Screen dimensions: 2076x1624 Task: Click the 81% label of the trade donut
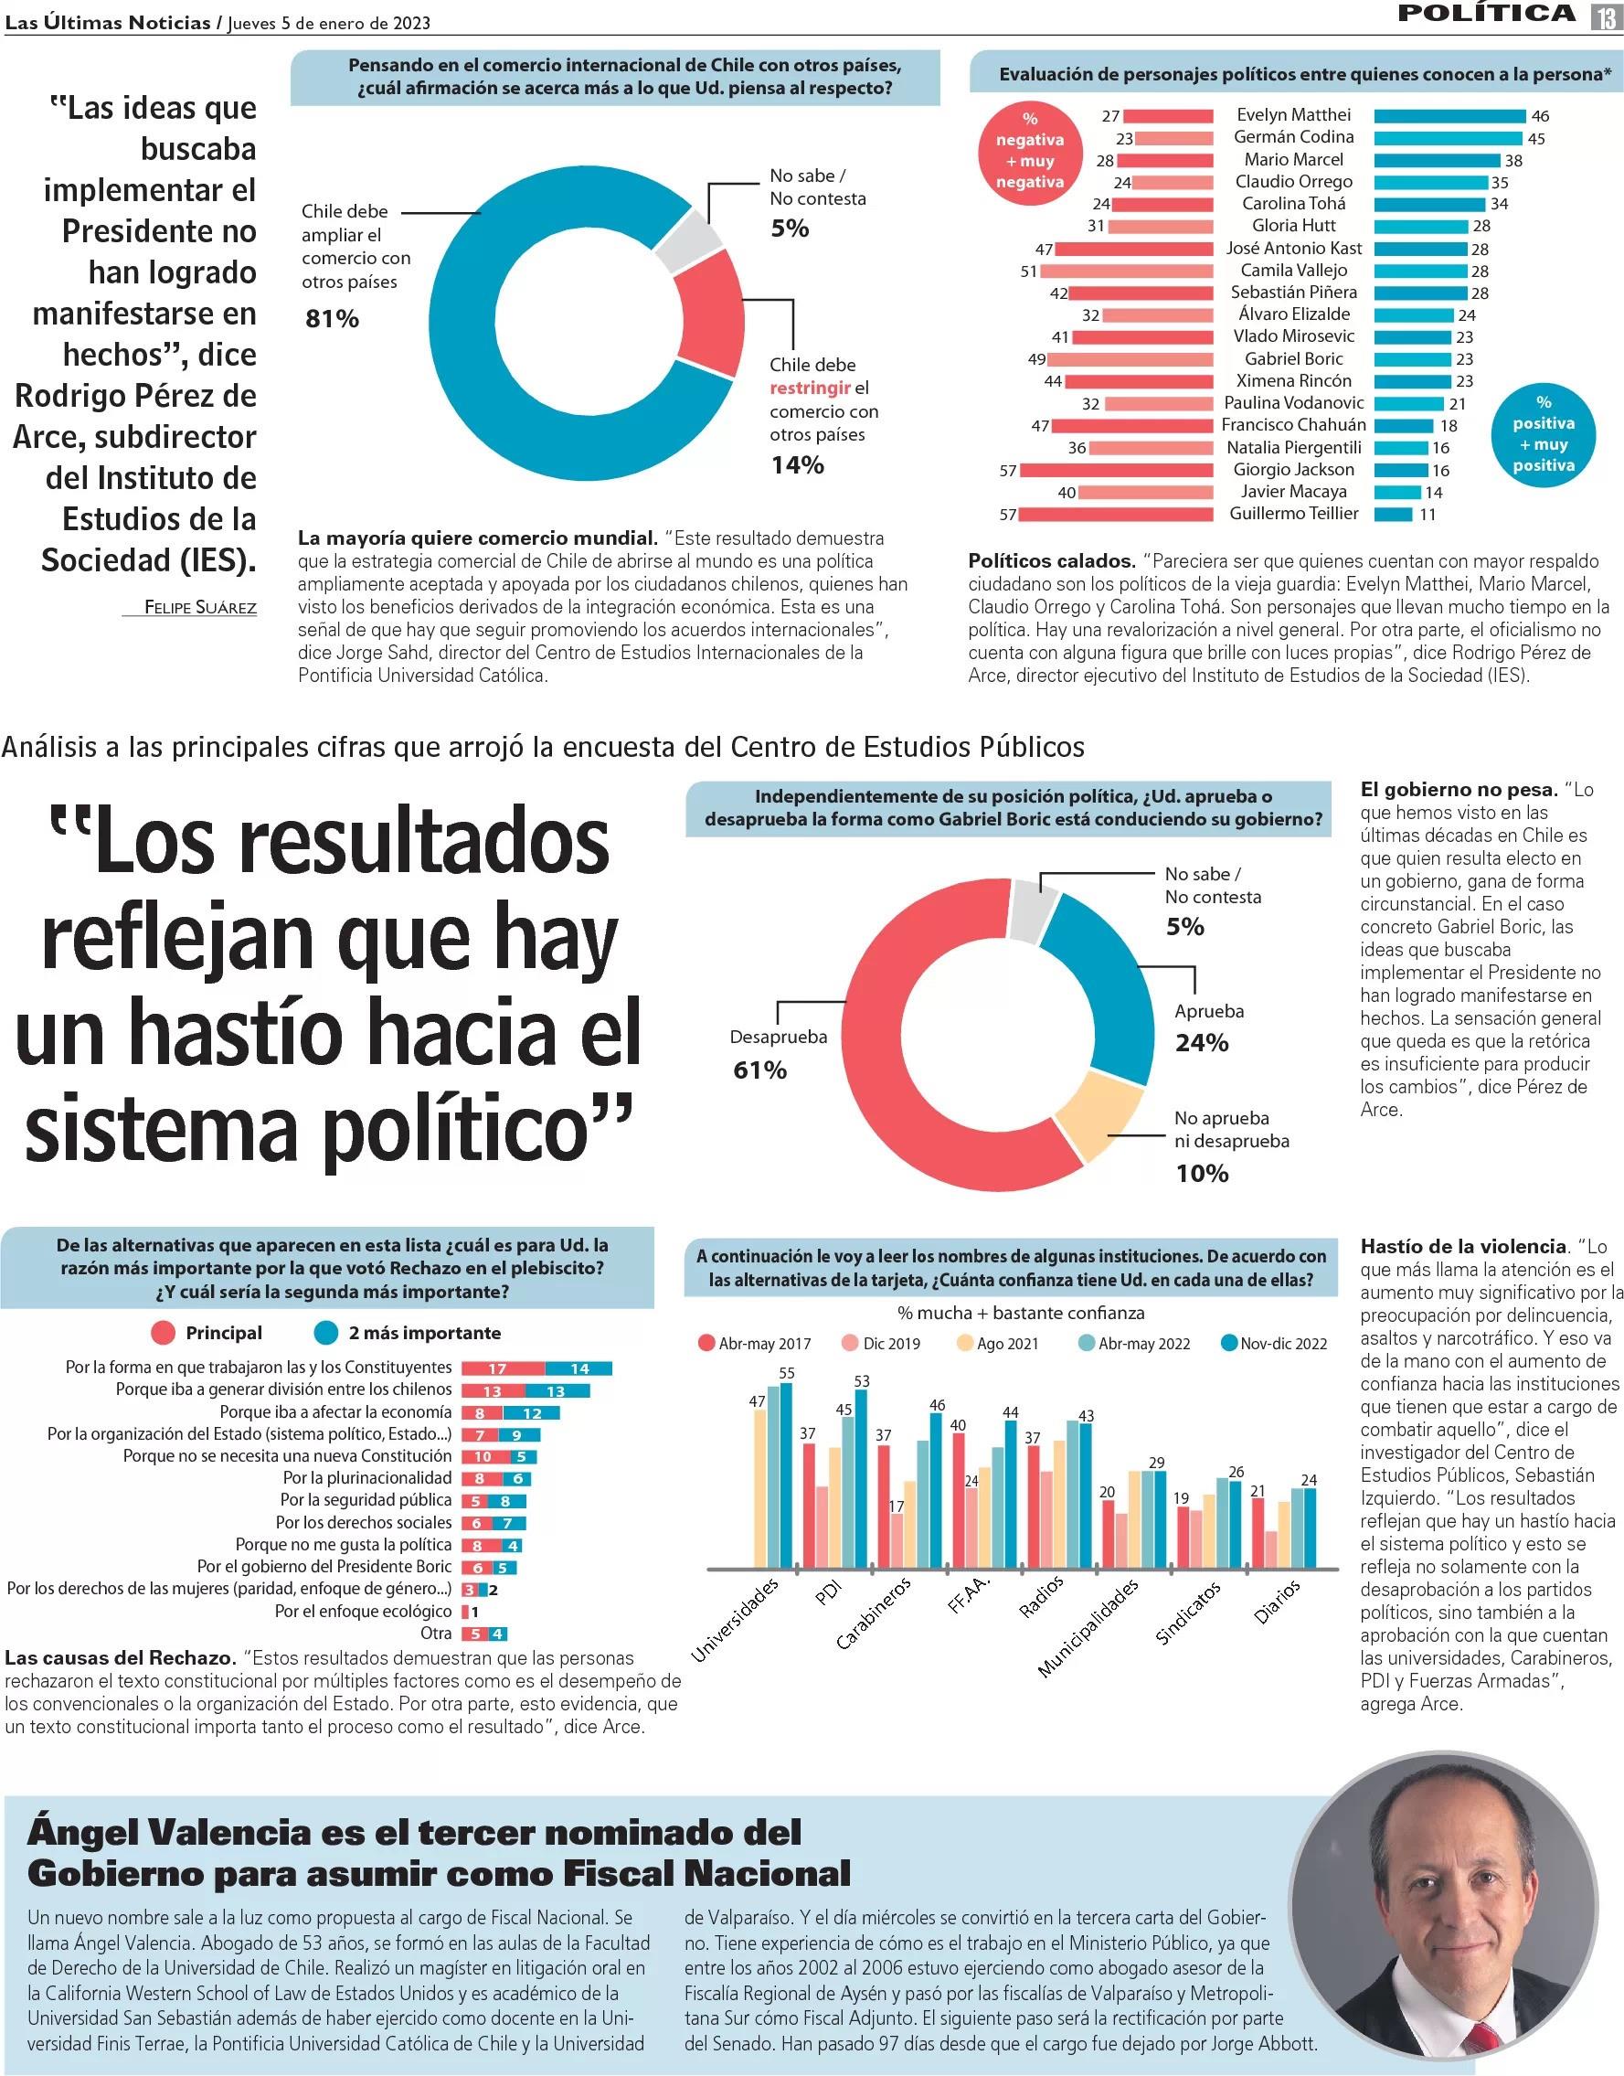pos(332,319)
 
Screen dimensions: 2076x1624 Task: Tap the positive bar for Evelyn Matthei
pos(1449,116)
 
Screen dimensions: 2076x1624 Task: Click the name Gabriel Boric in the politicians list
pos(1293,358)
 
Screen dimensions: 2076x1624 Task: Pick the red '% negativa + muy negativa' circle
pos(1030,150)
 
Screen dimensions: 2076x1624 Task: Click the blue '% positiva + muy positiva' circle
pos(1544,433)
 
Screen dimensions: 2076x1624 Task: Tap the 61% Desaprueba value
pos(759,1070)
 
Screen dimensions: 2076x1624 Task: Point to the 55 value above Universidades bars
pos(786,1373)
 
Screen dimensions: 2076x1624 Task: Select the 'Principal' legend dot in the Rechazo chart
pos(164,1334)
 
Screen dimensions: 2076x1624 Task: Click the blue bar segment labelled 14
pos(579,1368)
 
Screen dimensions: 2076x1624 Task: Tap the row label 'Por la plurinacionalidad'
pos(367,1478)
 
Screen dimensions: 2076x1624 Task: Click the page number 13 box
pos(1604,16)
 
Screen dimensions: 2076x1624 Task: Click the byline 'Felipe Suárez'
pos(199,607)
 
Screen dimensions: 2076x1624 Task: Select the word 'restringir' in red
pos(810,388)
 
